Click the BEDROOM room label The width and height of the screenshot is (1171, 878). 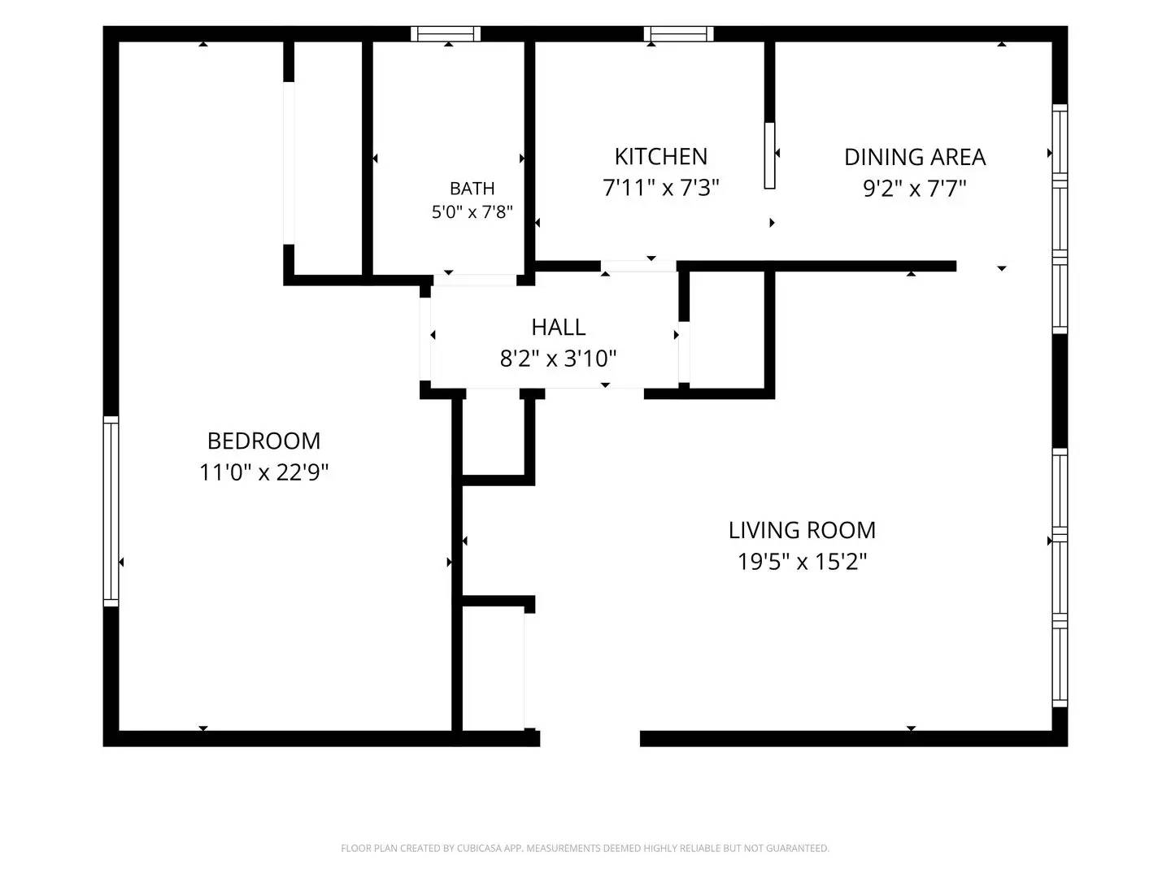(263, 441)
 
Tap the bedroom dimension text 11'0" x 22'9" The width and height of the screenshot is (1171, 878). (263, 472)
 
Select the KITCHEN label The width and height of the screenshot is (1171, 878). (660, 157)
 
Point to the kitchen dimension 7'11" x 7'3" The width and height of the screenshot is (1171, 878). (660, 188)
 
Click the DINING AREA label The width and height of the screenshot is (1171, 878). (914, 157)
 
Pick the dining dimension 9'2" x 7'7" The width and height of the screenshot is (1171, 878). (914, 188)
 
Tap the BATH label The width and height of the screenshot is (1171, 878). (472, 188)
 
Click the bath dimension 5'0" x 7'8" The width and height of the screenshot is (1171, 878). (472, 212)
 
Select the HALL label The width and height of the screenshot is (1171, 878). (558, 328)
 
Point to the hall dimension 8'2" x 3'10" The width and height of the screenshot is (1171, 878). (558, 359)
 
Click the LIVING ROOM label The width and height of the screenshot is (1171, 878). (802, 530)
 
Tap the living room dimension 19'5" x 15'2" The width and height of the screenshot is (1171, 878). (802, 561)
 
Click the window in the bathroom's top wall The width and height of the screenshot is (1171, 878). (446, 33)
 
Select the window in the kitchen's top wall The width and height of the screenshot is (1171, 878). (678, 33)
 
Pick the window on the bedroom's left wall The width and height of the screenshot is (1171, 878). (111, 511)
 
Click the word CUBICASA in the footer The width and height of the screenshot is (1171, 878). (478, 848)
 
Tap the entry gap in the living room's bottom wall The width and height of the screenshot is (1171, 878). (590, 738)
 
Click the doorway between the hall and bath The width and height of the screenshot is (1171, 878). (474, 280)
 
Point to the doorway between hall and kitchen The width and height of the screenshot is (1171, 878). (638, 266)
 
